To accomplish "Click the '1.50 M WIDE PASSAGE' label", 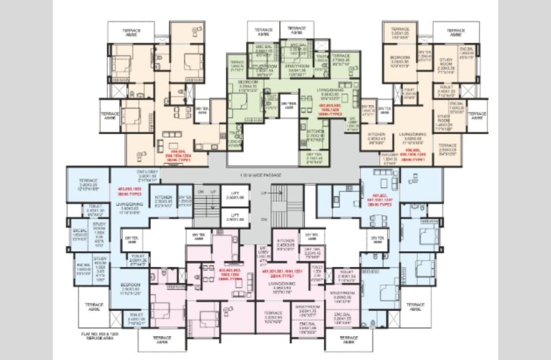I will tap(261, 175).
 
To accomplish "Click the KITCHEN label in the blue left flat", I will tap(164, 196).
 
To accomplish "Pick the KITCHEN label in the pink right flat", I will tap(286, 242).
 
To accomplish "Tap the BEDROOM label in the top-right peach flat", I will tap(400, 60).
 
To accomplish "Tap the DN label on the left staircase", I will tap(200, 191).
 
